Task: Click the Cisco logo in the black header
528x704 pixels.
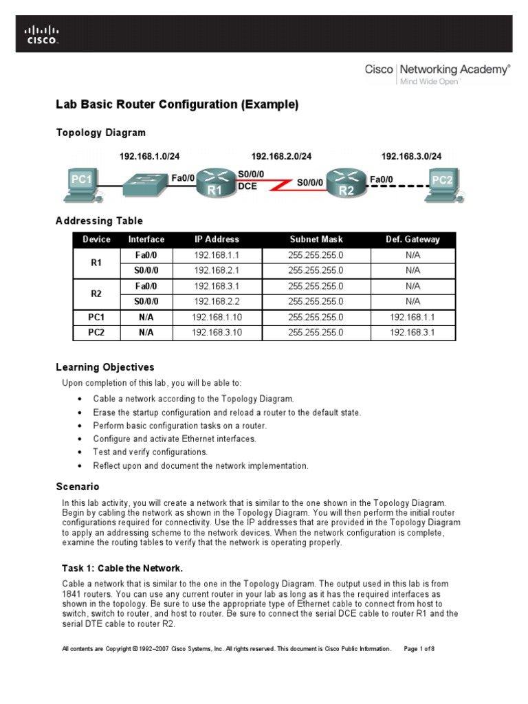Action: tap(42, 35)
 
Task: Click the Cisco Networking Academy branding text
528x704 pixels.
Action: tap(437, 69)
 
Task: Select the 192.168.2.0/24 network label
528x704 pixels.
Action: tap(280, 157)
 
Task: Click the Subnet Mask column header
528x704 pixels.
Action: tap(316, 239)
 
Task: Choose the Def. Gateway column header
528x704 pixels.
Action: tap(412, 239)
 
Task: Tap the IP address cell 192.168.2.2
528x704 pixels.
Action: tap(217, 301)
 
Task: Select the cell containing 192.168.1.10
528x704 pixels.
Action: tap(217, 317)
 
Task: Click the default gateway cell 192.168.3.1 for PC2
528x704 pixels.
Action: tap(412, 333)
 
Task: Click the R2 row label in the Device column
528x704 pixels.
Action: tap(96, 294)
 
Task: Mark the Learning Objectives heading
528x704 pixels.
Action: tap(104, 367)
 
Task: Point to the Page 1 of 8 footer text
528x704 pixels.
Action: tap(419, 648)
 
